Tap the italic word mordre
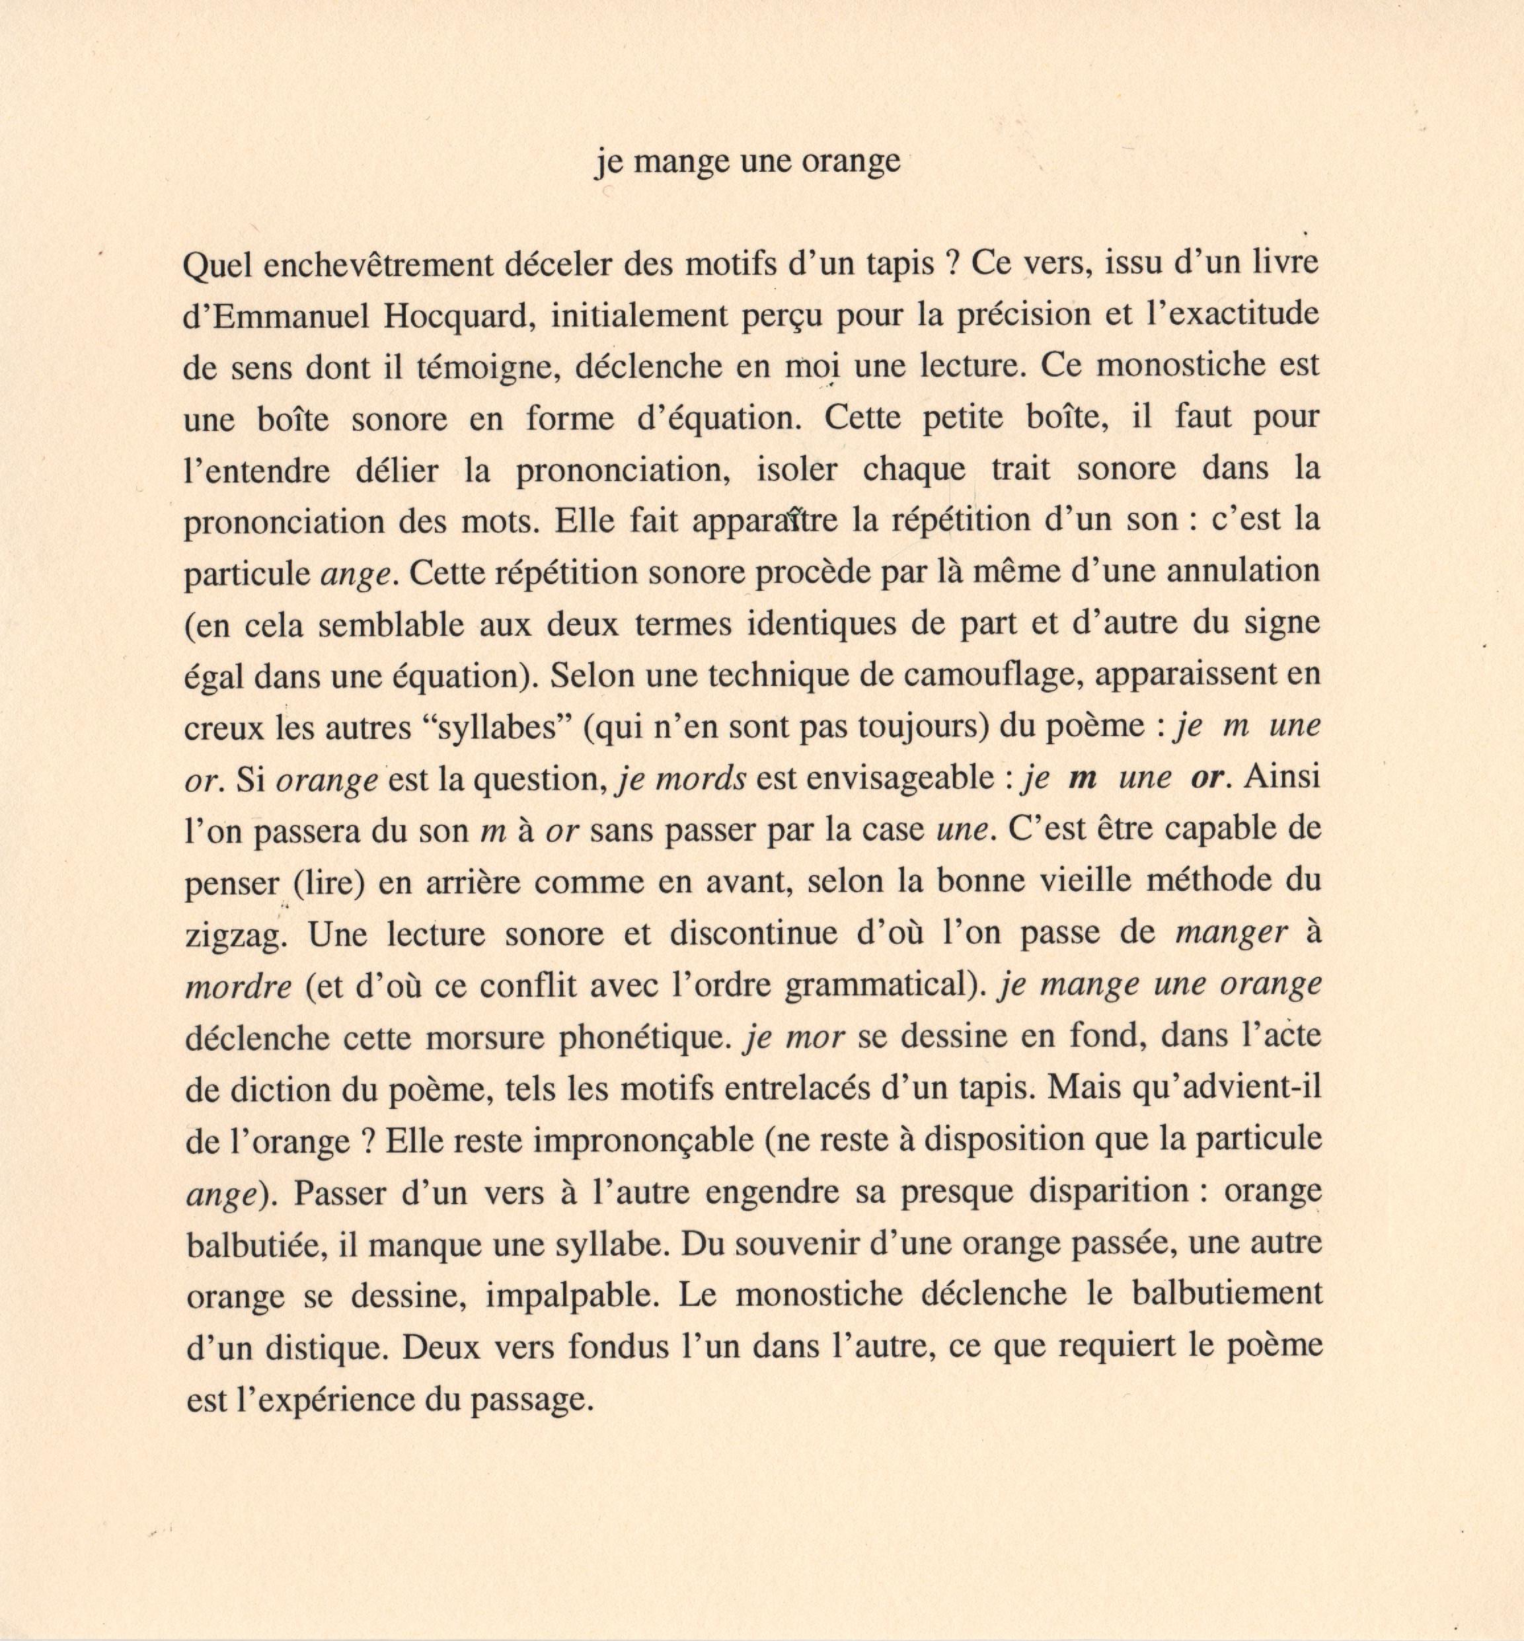tap(239, 986)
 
